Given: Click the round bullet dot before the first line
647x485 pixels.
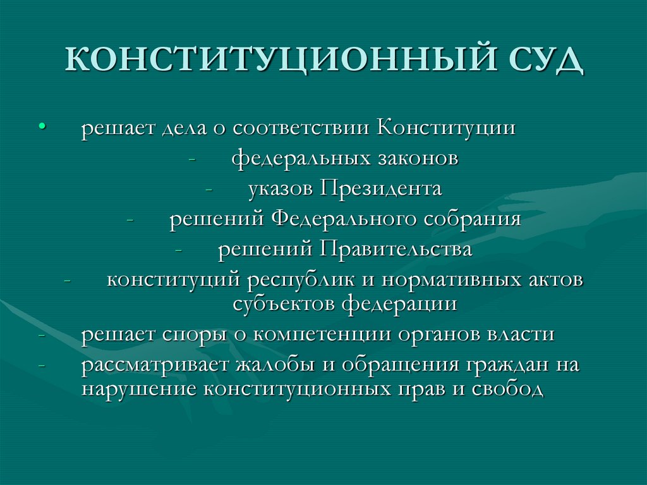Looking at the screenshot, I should (42, 127).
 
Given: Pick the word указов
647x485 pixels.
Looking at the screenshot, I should (281, 189).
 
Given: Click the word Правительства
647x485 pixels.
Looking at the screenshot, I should (396, 250).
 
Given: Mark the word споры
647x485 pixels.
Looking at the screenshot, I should (188, 335).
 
